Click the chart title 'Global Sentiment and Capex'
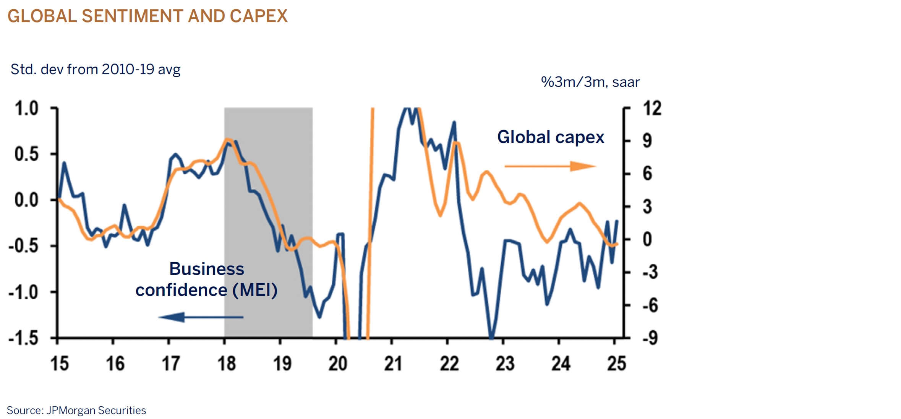click(147, 16)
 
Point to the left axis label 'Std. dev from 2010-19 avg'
click(96, 70)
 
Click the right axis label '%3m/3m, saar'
click(590, 82)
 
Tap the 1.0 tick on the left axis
click(26, 109)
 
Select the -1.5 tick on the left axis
click(24, 338)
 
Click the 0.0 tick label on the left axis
click(26, 200)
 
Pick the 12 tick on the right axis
click(652, 109)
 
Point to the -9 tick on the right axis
click(650, 338)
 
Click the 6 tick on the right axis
click(647, 174)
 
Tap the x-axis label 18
click(227, 363)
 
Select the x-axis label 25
click(616, 363)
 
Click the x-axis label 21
click(393, 363)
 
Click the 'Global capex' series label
click(550, 137)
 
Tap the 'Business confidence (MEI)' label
click(206, 279)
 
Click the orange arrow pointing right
click(550, 166)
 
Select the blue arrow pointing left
click(201, 317)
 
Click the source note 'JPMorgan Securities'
click(96, 411)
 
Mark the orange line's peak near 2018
click(227, 139)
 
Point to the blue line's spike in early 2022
click(454, 122)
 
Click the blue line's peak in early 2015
click(64, 163)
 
